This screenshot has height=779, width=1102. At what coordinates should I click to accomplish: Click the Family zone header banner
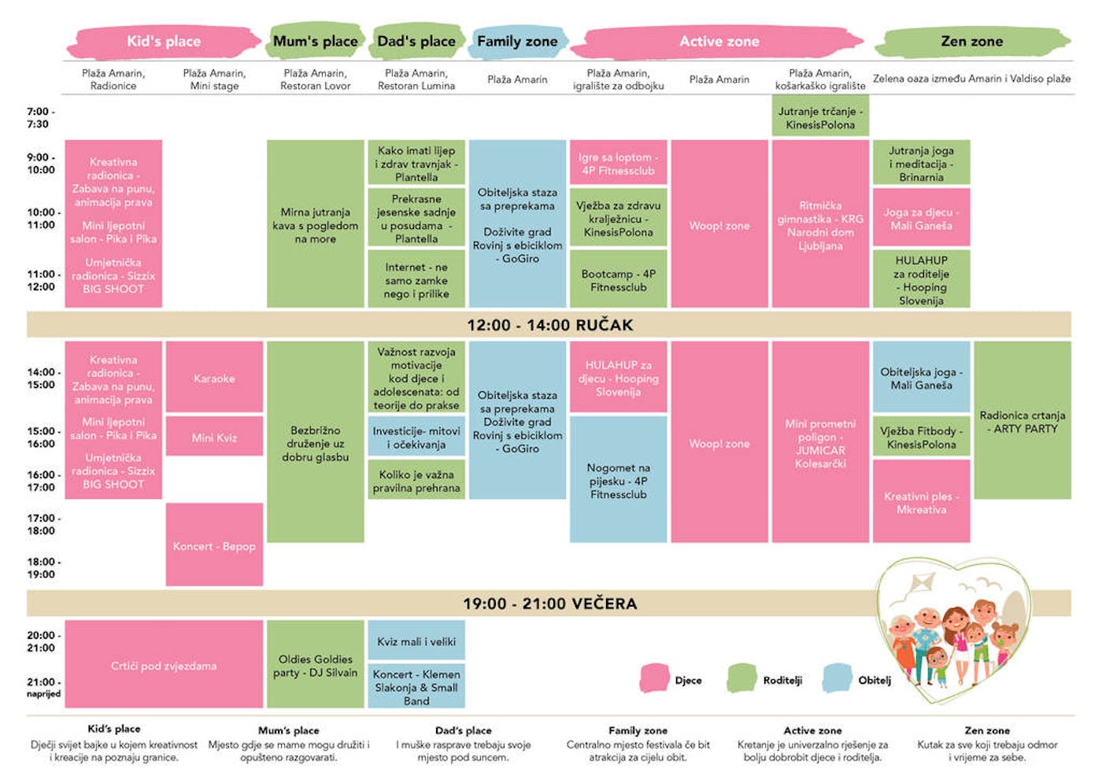[517, 41]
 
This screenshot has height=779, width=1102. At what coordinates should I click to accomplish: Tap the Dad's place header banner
[416, 40]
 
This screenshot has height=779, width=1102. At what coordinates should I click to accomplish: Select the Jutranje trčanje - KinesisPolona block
[820, 116]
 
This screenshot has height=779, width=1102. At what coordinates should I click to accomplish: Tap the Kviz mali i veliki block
[416, 640]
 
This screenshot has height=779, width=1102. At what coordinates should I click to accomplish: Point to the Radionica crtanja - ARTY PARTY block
[1022, 420]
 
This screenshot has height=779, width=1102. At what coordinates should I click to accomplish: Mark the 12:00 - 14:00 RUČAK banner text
[550, 325]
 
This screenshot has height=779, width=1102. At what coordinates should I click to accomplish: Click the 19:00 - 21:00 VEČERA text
[550, 603]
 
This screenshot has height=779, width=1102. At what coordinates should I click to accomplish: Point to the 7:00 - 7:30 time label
[41, 117]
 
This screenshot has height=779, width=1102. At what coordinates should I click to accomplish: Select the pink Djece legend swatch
[655, 678]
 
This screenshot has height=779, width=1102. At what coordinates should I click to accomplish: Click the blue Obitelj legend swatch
[838, 678]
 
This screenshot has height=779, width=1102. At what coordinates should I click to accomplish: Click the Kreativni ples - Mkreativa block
[922, 501]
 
